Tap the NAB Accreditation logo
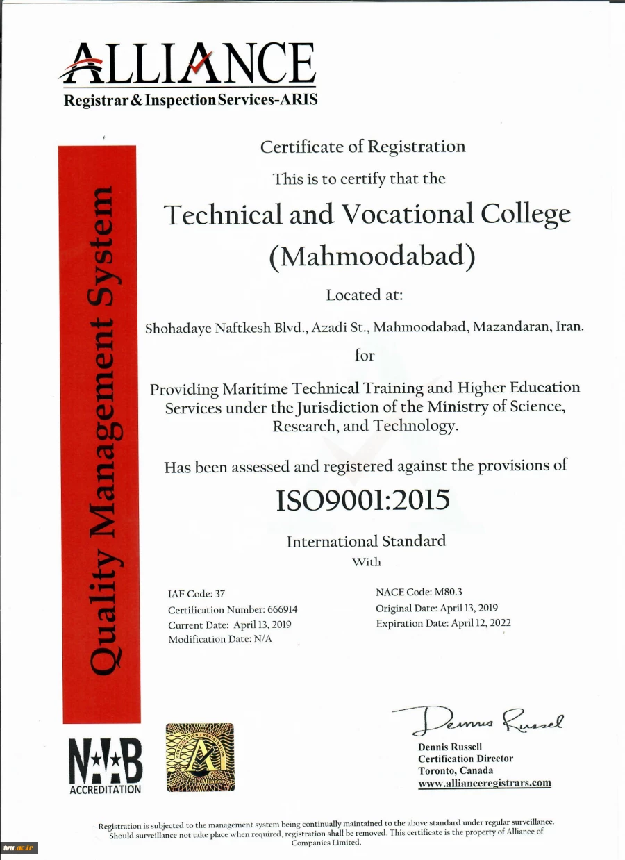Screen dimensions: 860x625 (106, 764)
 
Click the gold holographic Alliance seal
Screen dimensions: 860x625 (199, 757)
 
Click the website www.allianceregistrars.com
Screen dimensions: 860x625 (484, 783)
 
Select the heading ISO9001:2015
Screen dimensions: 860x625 (362, 499)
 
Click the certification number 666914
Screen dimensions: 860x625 (283, 609)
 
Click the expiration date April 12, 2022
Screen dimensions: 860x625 (481, 623)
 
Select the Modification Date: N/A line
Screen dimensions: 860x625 (219, 639)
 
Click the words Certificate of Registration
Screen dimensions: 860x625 (362, 147)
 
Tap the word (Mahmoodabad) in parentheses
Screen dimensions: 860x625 (372, 256)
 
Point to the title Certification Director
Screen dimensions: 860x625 (465, 759)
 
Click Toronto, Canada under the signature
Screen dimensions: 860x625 (456, 770)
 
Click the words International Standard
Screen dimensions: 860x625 (366, 540)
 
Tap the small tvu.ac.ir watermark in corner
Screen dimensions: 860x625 (19, 847)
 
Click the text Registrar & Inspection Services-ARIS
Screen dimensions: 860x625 (190, 100)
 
